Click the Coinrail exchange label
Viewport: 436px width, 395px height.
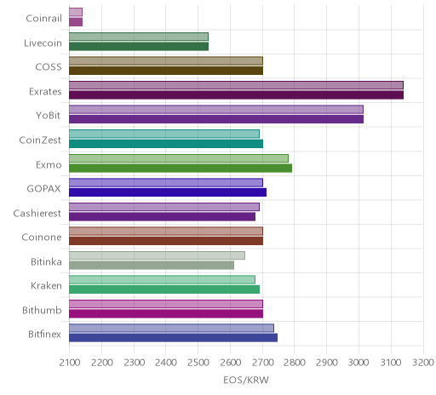coord(43,19)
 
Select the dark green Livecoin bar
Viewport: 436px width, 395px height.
coord(139,47)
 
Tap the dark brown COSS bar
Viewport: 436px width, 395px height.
coord(166,71)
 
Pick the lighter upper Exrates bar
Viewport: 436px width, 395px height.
coord(236,85)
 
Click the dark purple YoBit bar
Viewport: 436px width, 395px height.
coord(216,119)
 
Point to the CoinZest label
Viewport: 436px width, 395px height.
coord(40,140)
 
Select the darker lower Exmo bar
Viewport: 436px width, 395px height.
coord(181,169)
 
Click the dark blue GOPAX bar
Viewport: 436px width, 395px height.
coord(168,192)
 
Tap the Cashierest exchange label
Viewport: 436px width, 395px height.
coord(37,213)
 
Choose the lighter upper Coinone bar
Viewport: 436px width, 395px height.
coord(166,232)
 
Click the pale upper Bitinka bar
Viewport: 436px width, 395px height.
coord(157,255)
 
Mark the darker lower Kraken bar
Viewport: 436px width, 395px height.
coord(164,289)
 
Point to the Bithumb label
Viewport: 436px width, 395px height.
coord(42,310)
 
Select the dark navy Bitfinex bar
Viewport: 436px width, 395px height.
coord(173,338)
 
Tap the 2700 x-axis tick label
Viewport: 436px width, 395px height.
coord(262,363)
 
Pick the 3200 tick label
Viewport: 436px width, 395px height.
coord(423,363)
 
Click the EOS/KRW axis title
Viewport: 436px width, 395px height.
coord(246,381)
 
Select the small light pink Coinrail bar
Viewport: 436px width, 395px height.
coord(76,12)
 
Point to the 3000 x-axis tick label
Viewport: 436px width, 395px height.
coord(359,363)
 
